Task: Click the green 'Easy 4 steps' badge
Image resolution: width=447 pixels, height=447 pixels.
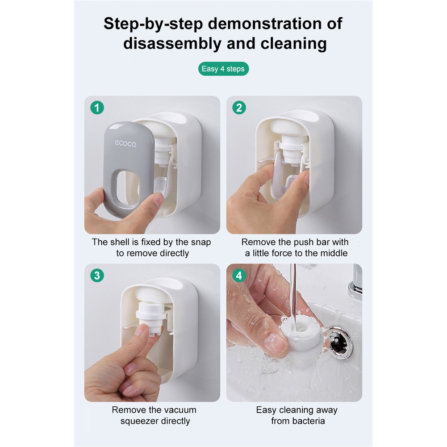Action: tap(223, 69)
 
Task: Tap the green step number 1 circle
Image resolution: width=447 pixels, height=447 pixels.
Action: tap(97, 108)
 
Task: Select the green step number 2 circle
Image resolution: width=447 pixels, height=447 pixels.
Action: tap(239, 108)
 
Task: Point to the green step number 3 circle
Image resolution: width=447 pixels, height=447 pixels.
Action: tap(97, 276)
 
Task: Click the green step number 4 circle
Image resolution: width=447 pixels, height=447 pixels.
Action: tap(239, 276)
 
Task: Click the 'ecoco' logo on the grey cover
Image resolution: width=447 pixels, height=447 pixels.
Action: tap(125, 143)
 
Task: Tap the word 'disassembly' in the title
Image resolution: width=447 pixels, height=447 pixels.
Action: tap(172, 44)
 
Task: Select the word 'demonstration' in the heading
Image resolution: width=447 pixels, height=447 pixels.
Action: tap(265, 23)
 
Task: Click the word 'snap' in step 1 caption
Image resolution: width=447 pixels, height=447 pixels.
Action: tap(201, 242)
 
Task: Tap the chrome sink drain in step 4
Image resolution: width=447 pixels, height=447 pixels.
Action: tap(340, 342)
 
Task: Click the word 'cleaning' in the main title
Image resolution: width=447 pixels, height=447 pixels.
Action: tap(294, 44)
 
